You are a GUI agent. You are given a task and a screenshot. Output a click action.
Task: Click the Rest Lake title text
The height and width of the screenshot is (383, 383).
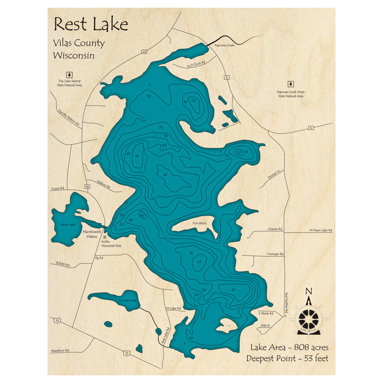click(x=91, y=24)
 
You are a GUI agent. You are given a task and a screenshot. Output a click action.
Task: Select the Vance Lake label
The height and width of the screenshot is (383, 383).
click(x=68, y=224)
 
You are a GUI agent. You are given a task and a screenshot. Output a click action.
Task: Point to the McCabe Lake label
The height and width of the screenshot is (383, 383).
click(x=128, y=300)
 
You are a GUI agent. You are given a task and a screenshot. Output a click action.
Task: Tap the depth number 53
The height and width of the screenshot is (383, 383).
click(x=137, y=156)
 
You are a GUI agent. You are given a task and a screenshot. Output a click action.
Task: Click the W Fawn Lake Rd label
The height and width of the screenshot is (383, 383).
click(x=321, y=230)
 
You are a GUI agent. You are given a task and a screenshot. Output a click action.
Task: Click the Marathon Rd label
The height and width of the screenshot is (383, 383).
click(x=60, y=350)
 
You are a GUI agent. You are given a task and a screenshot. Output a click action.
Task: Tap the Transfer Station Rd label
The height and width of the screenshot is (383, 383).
click(x=69, y=118)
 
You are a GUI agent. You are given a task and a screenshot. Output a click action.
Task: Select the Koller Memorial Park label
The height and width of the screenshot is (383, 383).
click(x=111, y=244)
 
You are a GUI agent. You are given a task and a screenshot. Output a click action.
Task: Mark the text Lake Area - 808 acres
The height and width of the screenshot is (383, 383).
click(x=289, y=348)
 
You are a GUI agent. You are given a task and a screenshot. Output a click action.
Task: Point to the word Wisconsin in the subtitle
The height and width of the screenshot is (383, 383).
click(x=74, y=55)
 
